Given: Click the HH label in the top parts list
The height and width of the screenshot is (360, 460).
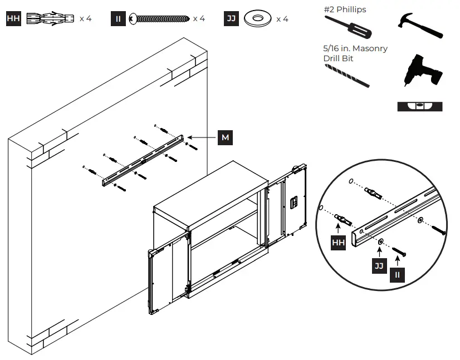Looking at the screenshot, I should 13,18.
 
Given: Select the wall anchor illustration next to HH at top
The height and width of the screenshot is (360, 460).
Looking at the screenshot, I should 50,18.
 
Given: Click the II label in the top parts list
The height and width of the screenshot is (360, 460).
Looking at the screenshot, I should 118,18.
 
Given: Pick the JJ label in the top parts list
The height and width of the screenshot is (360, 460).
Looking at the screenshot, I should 232,18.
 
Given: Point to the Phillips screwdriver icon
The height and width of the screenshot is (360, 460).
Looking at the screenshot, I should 346,28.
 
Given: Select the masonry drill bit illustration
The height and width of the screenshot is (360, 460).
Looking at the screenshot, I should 346,75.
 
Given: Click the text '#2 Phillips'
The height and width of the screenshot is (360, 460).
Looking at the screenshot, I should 345,9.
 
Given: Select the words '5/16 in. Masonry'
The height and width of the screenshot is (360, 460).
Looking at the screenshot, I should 355,48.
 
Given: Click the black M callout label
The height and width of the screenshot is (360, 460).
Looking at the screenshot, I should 225,137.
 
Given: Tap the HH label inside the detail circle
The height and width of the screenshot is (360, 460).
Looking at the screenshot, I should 339,243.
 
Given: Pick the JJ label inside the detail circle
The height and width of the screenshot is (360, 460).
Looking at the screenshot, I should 379,265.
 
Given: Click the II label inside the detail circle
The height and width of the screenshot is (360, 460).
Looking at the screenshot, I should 397,274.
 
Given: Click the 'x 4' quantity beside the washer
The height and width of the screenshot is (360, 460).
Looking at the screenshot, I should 282,19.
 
